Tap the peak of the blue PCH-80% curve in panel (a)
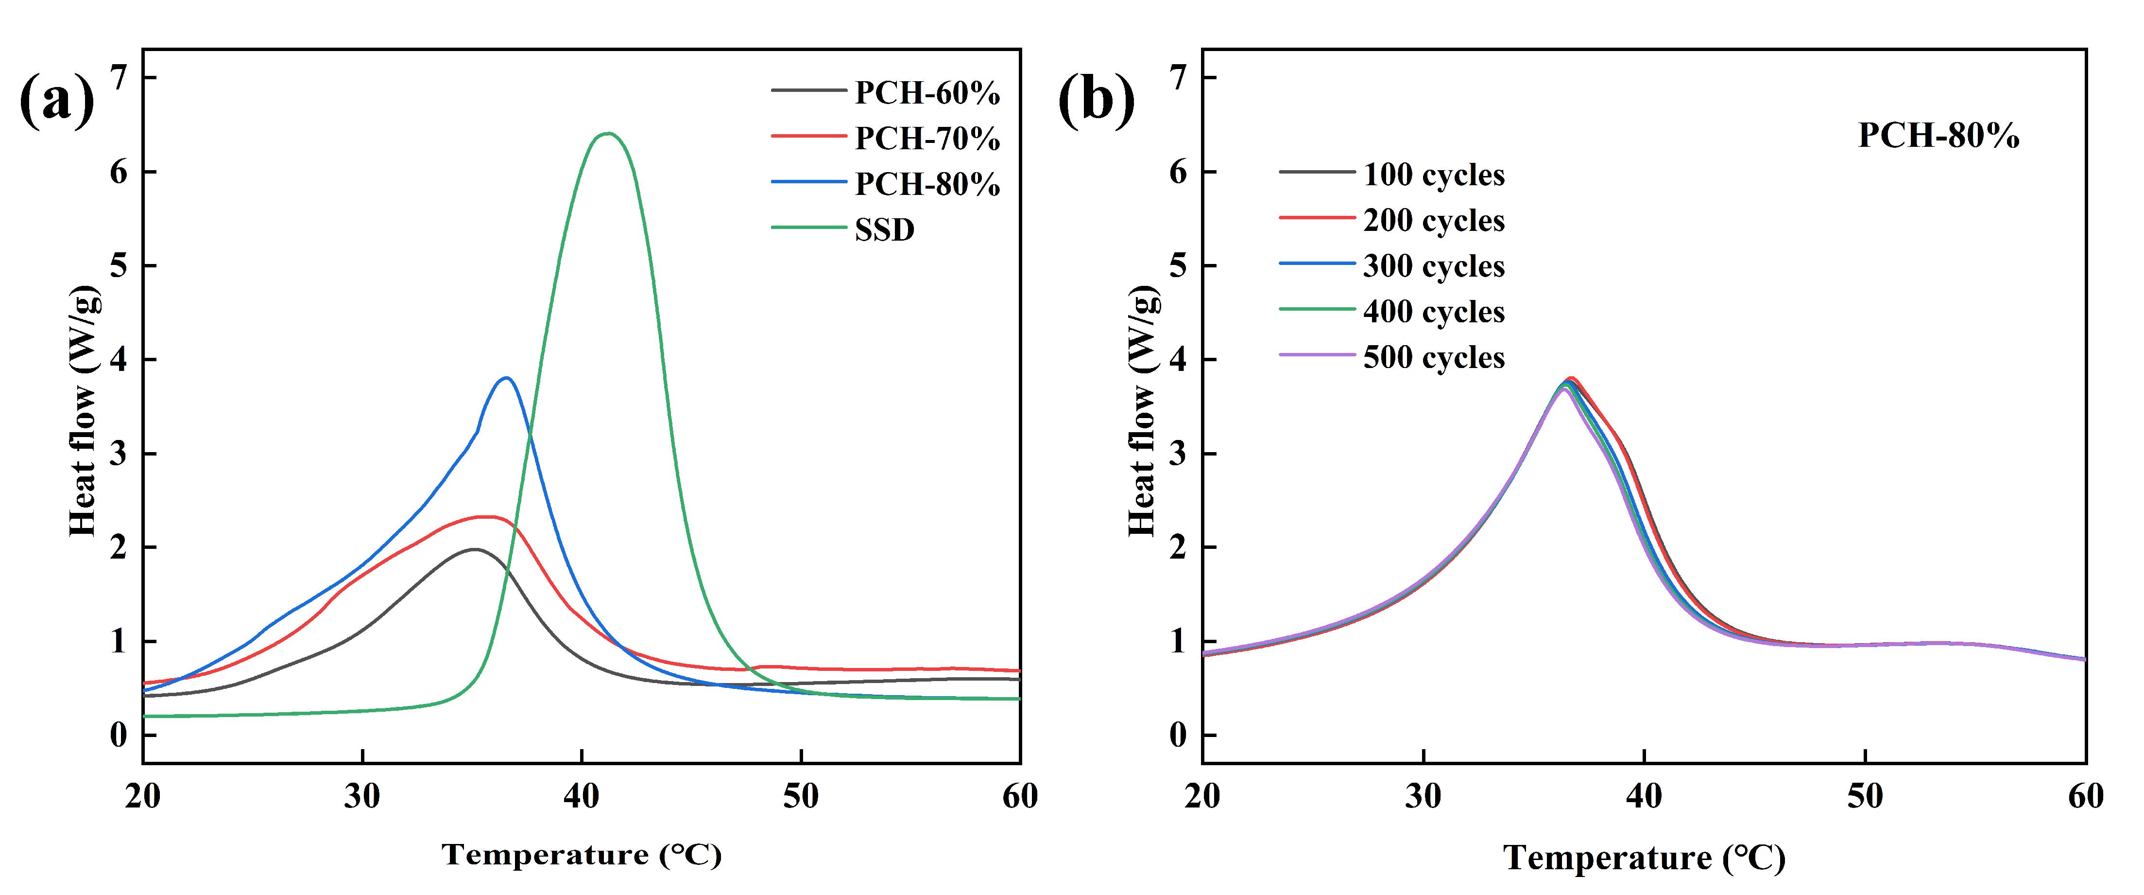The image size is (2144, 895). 506,378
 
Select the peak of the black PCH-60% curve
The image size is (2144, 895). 474,549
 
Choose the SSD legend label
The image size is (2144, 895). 884,230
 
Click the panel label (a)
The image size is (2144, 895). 56,100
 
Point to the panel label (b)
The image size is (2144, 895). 1096,100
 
